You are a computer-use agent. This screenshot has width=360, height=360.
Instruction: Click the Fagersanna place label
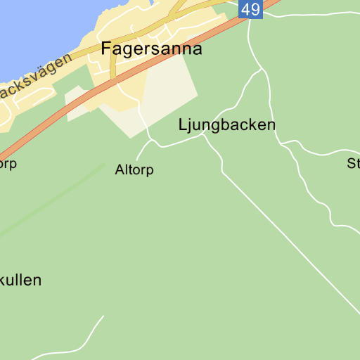(151, 49)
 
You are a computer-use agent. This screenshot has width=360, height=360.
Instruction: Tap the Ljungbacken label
(226, 125)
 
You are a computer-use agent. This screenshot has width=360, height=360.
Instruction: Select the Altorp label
(134, 170)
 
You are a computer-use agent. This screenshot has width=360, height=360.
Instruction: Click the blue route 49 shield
(250, 9)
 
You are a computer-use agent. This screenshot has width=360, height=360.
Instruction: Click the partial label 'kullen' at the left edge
(21, 280)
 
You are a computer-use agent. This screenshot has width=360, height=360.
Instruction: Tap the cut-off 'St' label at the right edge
(353, 164)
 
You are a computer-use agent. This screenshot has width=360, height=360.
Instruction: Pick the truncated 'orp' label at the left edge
(8, 164)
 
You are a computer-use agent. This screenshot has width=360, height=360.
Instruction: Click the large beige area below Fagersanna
(169, 91)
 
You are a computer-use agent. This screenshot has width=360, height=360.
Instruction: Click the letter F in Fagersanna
(105, 49)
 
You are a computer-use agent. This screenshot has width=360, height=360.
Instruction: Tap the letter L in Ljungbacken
(182, 125)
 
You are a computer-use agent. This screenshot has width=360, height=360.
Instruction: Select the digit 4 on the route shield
(245, 9)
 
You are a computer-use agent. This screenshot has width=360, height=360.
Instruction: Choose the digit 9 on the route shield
(255, 9)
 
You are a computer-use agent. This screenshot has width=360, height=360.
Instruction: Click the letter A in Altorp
(120, 170)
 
